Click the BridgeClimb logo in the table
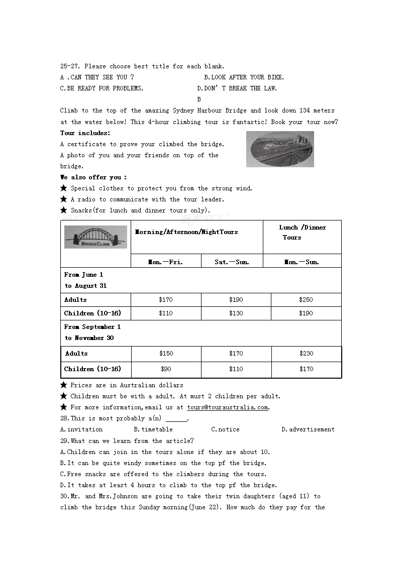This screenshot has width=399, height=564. (x=95, y=237)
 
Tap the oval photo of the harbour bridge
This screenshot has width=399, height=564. (x=280, y=149)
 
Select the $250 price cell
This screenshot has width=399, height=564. (x=306, y=300)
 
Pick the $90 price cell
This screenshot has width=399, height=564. (x=166, y=369)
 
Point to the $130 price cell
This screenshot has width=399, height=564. (x=236, y=313)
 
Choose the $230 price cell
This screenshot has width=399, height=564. (x=306, y=354)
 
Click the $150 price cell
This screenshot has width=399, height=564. (x=166, y=354)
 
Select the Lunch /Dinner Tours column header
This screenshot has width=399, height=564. (x=302, y=233)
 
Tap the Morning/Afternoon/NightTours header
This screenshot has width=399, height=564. (x=186, y=232)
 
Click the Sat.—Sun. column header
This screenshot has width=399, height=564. (x=232, y=262)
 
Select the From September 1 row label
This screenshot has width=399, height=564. (x=92, y=327)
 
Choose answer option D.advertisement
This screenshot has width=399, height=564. (x=308, y=429)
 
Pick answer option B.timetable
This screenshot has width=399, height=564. (x=153, y=429)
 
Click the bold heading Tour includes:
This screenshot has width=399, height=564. (x=85, y=133)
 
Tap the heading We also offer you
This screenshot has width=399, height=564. (x=93, y=177)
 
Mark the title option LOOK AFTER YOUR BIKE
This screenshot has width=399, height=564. (x=244, y=77)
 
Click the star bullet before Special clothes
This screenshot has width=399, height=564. (x=63, y=188)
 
